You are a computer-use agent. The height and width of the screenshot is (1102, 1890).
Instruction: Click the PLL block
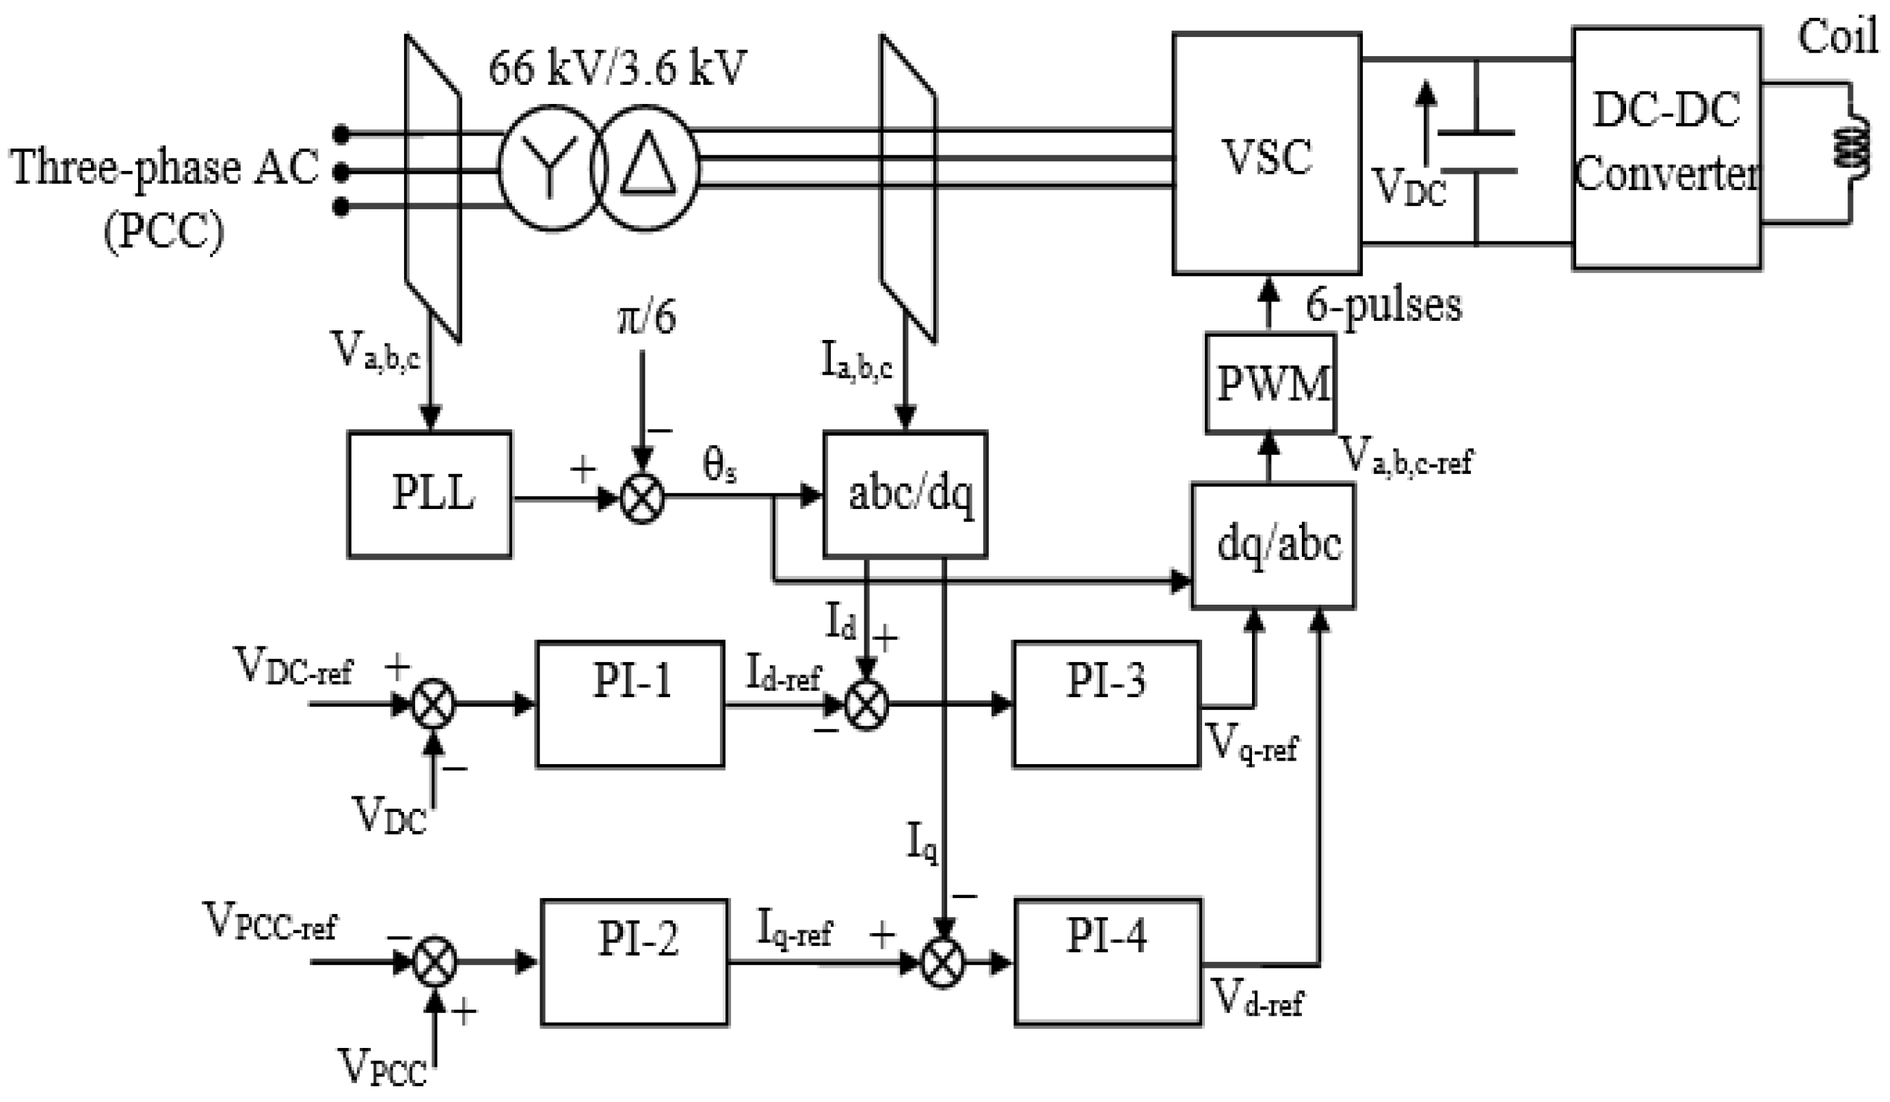pyautogui.click(x=429, y=495)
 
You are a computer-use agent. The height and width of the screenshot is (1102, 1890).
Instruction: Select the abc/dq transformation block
pyautogui.click(x=905, y=495)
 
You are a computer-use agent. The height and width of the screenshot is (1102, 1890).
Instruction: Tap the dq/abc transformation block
pyautogui.click(x=1273, y=545)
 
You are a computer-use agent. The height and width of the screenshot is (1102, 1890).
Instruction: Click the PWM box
pyautogui.click(x=1270, y=383)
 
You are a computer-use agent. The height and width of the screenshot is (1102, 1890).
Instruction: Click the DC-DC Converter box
pyautogui.click(x=1666, y=148)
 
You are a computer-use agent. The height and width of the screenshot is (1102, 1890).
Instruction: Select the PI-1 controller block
pyautogui.click(x=630, y=703)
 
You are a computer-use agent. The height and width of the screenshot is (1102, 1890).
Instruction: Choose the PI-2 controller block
pyautogui.click(x=635, y=962)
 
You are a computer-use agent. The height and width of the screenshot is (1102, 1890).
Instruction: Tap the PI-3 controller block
pyautogui.click(x=1106, y=703)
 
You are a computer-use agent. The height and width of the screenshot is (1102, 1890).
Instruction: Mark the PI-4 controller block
pyautogui.click(x=1108, y=961)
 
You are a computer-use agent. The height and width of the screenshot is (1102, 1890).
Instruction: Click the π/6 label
pyautogui.click(x=645, y=318)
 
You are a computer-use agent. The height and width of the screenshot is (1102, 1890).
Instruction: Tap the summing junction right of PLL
pyautogui.click(x=643, y=498)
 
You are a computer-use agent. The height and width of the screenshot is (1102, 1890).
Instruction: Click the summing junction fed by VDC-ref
pyautogui.click(x=434, y=704)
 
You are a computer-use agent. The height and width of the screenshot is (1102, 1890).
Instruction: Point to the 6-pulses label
pyautogui.click(x=1384, y=305)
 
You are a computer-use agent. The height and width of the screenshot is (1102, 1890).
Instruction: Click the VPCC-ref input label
pyautogui.click(x=270, y=922)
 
